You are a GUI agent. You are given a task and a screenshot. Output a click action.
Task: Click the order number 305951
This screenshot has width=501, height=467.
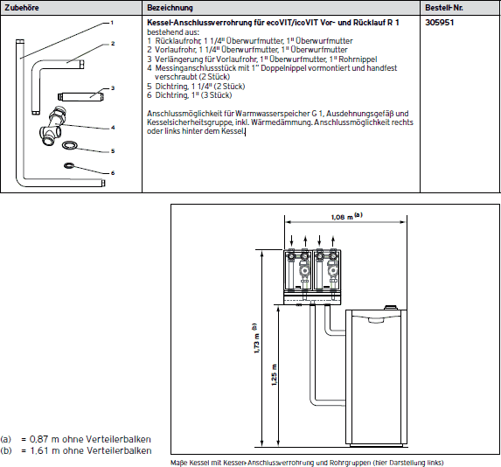point(439,23)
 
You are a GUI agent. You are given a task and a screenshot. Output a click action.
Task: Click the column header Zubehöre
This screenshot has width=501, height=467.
point(22,8)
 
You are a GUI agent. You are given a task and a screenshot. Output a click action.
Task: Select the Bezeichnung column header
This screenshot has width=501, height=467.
point(170,8)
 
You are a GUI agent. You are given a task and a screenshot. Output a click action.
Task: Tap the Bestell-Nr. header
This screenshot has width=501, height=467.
point(444,8)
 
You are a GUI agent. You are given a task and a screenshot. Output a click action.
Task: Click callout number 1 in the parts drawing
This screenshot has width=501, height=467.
point(112,23)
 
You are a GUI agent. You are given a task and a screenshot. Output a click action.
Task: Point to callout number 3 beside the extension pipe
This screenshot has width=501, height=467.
point(113,88)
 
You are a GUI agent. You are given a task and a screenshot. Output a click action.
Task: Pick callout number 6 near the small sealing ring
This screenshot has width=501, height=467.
point(113,173)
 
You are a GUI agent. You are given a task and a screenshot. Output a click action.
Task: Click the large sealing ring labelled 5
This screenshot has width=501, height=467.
point(69,146)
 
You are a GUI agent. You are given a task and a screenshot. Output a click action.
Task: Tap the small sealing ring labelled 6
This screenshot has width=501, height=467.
point(69,165)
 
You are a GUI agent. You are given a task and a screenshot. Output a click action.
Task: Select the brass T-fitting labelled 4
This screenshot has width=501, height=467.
point(52,126)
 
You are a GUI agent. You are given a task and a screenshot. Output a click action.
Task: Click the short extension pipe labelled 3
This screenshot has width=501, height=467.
point(80,96)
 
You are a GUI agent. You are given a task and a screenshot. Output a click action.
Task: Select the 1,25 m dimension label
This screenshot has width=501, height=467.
point(275,375)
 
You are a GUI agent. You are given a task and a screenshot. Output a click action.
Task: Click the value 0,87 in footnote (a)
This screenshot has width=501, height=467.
point(39,439)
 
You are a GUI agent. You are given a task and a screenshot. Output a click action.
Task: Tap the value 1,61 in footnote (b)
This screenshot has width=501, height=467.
point(39,450)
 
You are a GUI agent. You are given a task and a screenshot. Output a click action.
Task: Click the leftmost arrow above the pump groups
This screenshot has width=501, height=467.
point(291,240)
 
